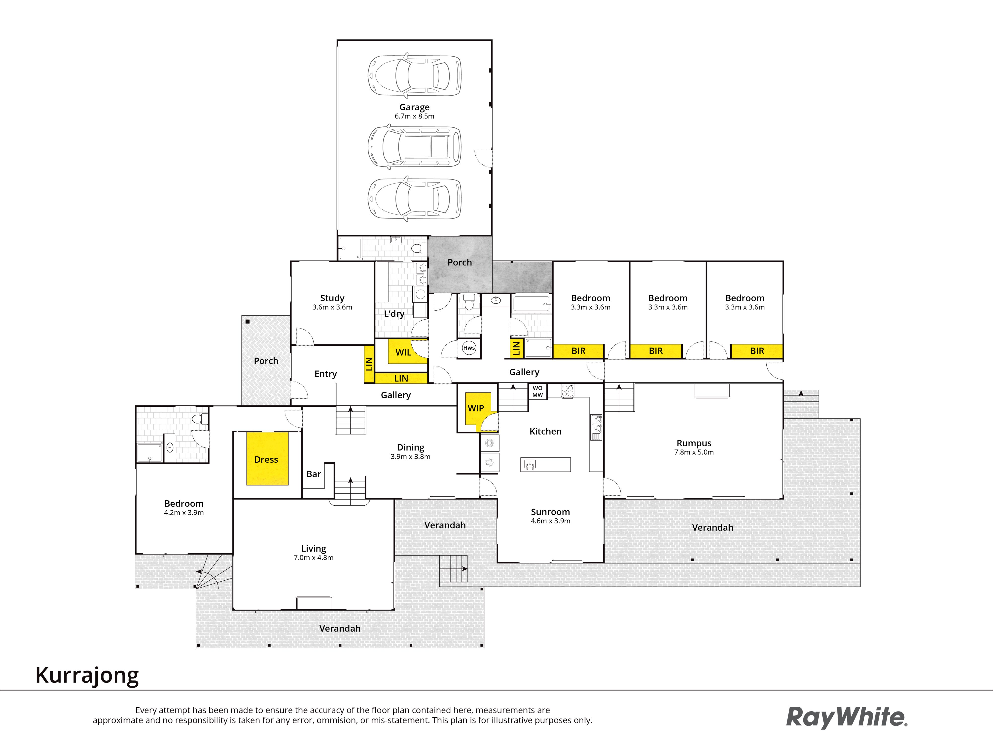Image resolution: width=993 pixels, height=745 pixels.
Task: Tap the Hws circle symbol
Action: click(469, 348)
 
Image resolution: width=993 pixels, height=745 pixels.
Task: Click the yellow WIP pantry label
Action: click(476, 408)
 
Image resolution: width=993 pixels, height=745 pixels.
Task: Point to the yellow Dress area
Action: click(267, 458)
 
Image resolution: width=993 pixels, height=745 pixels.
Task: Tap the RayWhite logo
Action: click(847, 717)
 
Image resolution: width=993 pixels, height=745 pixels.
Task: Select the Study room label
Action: click(332, 298)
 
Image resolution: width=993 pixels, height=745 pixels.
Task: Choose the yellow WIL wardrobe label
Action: click(403, 353)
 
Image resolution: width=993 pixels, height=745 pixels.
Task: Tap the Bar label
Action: click(314, 474)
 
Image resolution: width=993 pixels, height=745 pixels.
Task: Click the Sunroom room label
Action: click(550, 512)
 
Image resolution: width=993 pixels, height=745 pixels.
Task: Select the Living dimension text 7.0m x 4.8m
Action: click(314, 558)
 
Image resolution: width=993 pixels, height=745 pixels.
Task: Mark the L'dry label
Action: click(394, 314)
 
